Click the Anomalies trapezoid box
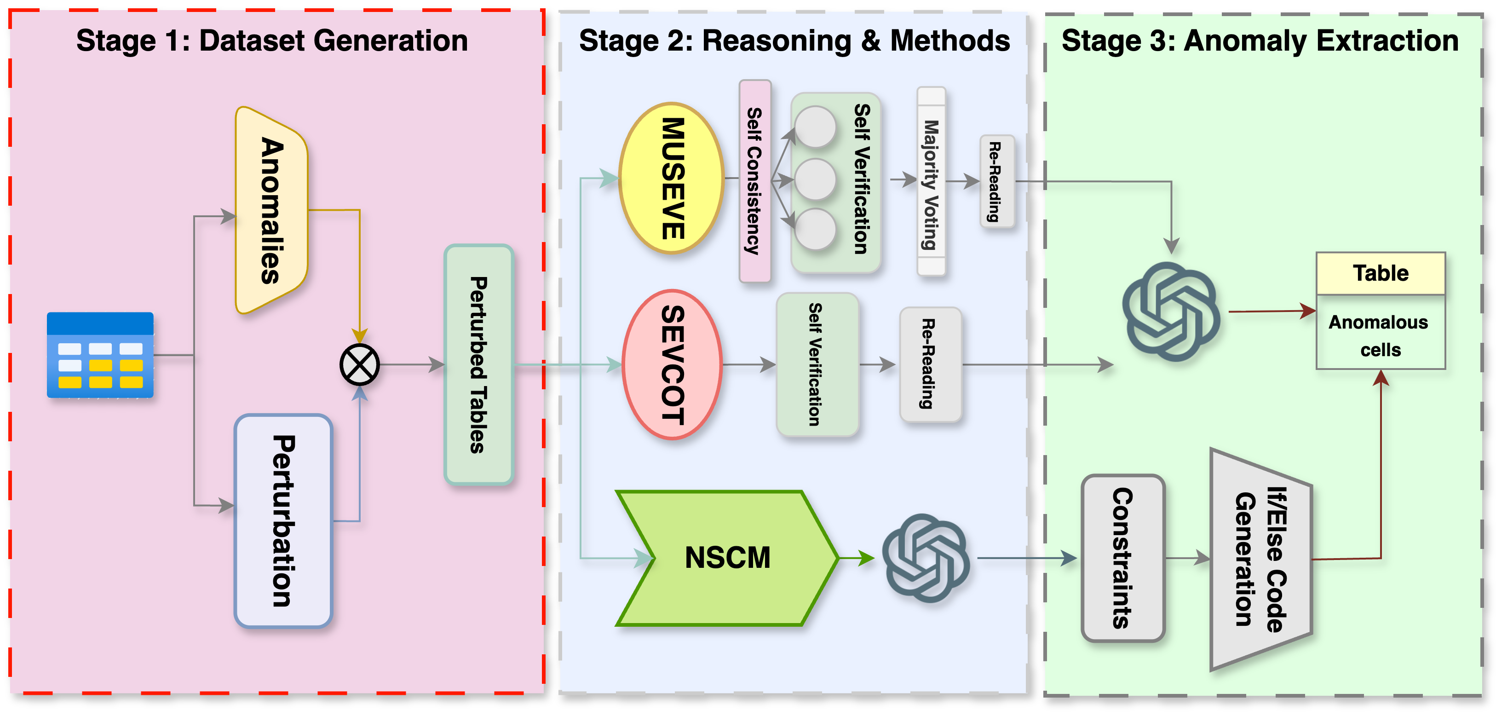coord(272,210)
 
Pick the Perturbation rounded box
coord(283,520)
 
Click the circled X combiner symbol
coord(359,365)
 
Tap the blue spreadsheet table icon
coord(100,355)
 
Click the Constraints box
coord(1122,558)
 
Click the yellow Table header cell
coord(1381,273)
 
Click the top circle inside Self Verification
coord(815,127)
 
